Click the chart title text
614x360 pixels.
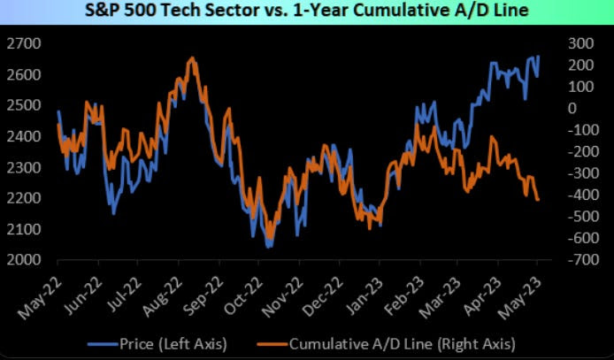[305, 12]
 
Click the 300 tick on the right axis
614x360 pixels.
[579, 43]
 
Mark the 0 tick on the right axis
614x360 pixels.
[573, 108]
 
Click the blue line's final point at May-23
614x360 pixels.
[539, 57]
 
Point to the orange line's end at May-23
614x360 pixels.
[539, 200]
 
